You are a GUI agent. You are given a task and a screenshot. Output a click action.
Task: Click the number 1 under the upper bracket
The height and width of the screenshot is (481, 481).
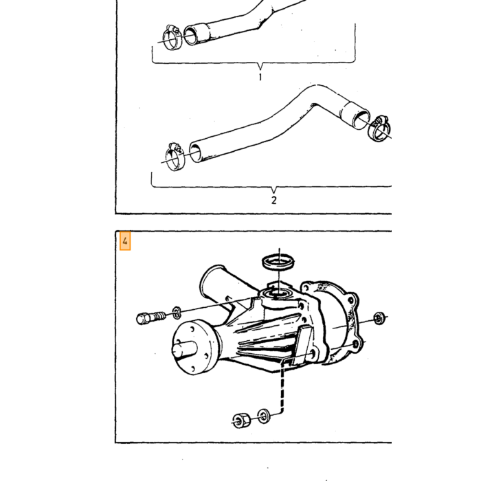[260, 77]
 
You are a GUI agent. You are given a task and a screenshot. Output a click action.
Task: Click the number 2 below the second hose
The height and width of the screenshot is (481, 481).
[274, 201]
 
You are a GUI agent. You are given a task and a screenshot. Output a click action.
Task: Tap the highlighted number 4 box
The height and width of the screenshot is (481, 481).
[125, 241]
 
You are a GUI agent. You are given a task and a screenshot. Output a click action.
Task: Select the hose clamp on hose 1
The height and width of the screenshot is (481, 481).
[172, 37]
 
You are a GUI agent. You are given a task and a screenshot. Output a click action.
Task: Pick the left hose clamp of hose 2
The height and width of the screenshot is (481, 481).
[175, 157]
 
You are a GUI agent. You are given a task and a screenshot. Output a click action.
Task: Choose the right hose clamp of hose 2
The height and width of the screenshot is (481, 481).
[379, 128]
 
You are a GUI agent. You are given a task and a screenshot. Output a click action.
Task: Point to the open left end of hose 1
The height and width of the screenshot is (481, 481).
[192, 35]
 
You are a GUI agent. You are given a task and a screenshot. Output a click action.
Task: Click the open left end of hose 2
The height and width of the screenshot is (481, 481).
[196, 152]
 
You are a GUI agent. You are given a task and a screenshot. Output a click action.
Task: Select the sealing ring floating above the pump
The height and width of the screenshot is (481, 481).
[278, 262]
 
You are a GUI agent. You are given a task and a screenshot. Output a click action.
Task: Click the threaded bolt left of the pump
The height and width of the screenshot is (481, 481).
[150, 317]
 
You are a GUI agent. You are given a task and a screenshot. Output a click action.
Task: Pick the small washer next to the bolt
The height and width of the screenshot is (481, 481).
[177, 312]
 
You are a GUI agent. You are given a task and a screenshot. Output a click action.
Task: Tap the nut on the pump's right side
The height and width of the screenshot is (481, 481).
[379, 318]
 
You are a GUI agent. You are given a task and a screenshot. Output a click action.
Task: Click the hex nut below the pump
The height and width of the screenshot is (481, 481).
[240, 421]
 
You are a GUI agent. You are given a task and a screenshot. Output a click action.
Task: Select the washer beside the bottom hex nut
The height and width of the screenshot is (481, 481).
[263, 416]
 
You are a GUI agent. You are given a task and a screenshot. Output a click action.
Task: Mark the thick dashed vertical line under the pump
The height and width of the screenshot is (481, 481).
[282, 387]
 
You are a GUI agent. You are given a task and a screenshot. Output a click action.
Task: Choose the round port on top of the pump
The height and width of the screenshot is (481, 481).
[278, 294]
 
